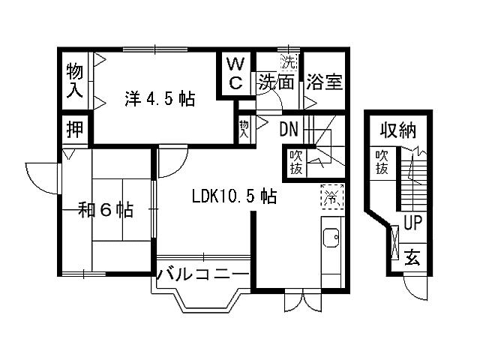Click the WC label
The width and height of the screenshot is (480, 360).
pyautogui.click(x=235, y=73)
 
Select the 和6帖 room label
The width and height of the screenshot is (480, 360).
pyautogui.click(x=106, y=211)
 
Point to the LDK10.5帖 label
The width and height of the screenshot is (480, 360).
pyautogui.click(x=234, y=196)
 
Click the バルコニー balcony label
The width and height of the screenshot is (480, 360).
pyautogui.click(x=202, y=274)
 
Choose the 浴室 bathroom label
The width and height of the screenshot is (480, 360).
pyautogui.click(x=325, y=81)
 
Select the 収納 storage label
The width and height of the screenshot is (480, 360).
pyautogui.click(x=397, y=133)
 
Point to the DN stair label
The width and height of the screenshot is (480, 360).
pyautogui.click(x=289, y=129)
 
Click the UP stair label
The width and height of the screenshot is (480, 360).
pyautogui.click(x=413, y=222)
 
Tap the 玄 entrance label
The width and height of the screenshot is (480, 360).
pyautogui.click(x=412, y=258)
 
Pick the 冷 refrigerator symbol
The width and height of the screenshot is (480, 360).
pyautogui.click(x=331, y=198)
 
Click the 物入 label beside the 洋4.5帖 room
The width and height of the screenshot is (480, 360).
pyautogui.click(x=74, y=79)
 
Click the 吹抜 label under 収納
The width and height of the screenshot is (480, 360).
pyautogui.click(x=382, y=163)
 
